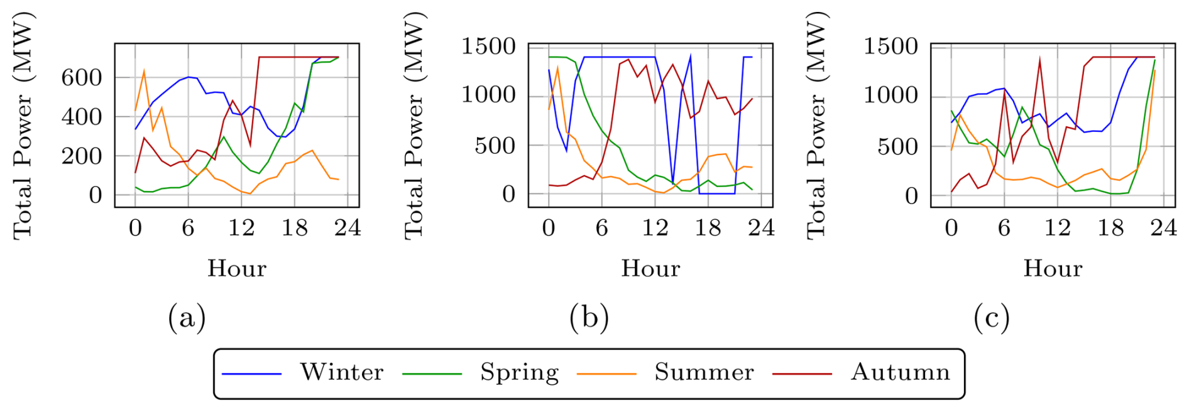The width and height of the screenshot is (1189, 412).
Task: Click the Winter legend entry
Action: pyautogui.click(x=341, y=372)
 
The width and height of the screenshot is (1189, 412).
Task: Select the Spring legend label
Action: pyautogui.click(x=519, y=372)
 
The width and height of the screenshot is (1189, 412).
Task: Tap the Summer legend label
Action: pyautogui.click(x=704, y=372)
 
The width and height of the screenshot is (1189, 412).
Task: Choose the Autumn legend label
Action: pyautogui.click(x=900, y=372)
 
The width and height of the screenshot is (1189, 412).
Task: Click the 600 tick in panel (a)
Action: pyautogui.click(x=81, y=78)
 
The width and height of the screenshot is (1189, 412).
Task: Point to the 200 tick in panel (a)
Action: pyautogui.click(x=81, y=156)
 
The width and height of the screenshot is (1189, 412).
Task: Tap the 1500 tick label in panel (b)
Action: pyautogui.click(x=488, y=46)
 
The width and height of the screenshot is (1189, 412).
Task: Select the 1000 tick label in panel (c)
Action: pyautogui.click(x=890, y=95)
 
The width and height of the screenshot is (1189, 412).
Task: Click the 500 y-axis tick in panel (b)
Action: pyautogui.click(x=495, y=146)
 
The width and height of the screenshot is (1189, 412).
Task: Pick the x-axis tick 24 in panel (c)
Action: pyautogui.click(x=1163, y=227)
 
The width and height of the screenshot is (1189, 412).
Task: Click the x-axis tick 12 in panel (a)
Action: pyautogui.click(x=241, y=227)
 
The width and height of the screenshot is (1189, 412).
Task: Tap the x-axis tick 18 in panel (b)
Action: pyautogui.click(x=708, y=227)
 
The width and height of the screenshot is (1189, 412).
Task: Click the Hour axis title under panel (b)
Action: pyautogui.click(x=650, y=269)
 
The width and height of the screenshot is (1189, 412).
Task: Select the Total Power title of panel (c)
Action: pyautogui.click(x=816, y=126)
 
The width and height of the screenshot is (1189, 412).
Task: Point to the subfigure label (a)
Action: pyautogui.click(x=187, y=318)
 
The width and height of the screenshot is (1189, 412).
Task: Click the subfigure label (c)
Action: pyautogui.click(x=991, y=318)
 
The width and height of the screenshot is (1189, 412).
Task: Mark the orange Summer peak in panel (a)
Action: pyautogui.click(x=144, y=71)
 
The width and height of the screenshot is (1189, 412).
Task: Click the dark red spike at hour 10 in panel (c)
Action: pyautogui.click(x=1039, y=60)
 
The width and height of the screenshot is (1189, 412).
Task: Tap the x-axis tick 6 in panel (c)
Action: pyautogui.click(x=1004, y=227)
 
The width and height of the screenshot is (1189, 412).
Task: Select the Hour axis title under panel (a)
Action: pyautogui.click(x=237, y=269)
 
